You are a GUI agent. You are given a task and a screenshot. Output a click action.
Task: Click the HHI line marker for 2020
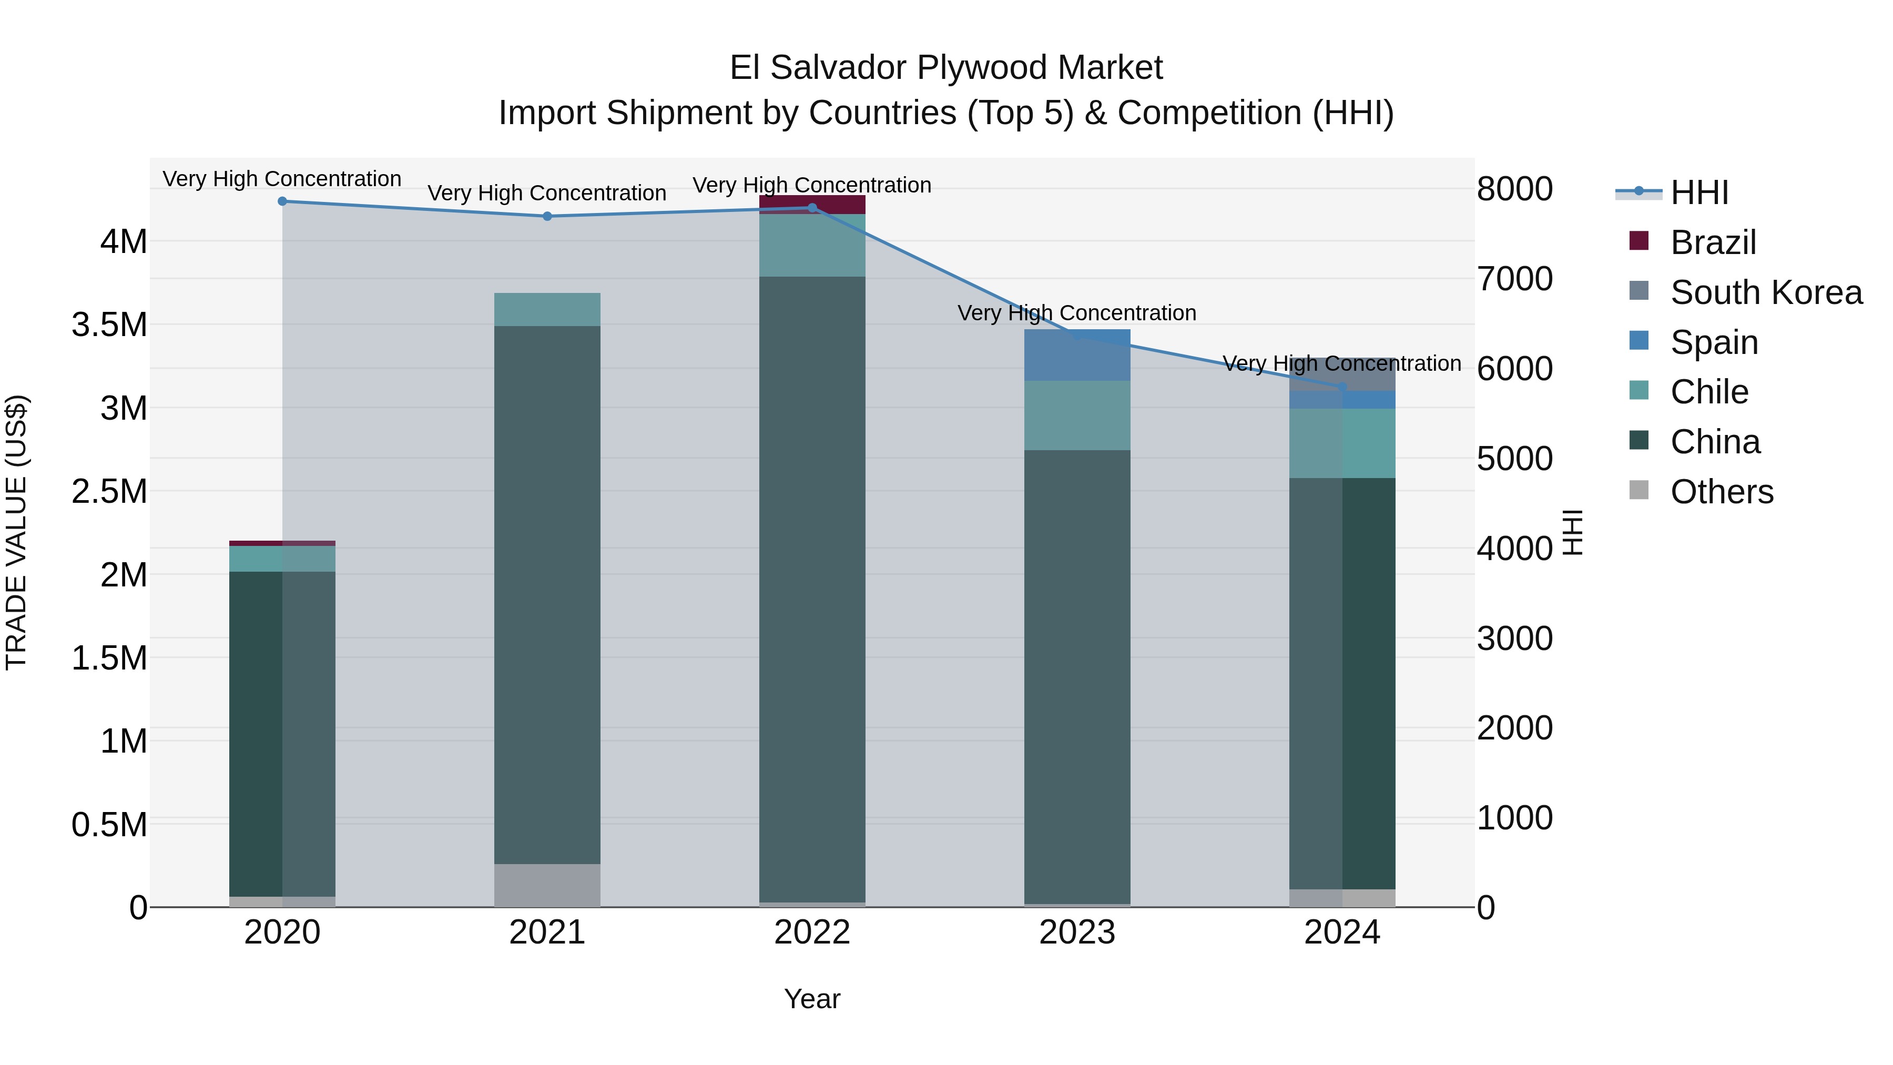(282, 201)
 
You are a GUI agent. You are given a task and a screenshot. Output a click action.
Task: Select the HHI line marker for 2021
(547, 216)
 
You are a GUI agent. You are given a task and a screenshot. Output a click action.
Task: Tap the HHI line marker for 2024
(1342, 387)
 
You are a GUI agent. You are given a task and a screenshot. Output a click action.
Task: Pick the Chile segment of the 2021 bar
(547, 309)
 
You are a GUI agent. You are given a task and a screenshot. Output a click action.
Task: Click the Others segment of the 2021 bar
(547, 885)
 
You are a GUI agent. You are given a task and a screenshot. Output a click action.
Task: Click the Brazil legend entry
(1713, 242)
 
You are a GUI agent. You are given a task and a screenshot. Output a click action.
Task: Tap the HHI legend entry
(1699, 192)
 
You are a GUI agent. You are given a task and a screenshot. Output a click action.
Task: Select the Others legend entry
(1721, 492)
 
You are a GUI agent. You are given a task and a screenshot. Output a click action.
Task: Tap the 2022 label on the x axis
(812, 932)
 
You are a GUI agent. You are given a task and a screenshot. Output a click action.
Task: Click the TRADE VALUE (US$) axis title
(16, 532)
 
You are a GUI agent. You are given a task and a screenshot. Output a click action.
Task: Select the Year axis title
(812, 999)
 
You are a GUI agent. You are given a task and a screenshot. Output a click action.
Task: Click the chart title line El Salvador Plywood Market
(946, 68)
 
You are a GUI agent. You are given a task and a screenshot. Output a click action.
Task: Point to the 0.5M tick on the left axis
(109, 825)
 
